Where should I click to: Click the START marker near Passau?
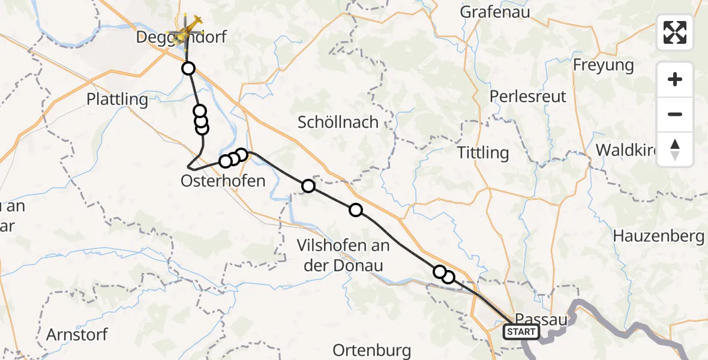pyautogui.click(x=521, y=331)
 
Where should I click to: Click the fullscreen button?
pyautogui.click(x=675, y=32)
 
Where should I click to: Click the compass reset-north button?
pyautogui.click(x=675, y=149)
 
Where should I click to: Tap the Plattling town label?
pyautogui.click(x=117, y=99)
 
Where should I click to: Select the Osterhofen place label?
pyautogui.click(x=223, y=180)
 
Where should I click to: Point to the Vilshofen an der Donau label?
pyautogui.click(x=343, y=255)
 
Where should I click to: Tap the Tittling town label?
pyautogui.click(x=483, y=152)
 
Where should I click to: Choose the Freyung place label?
pyautogui.click(x=603, y=65)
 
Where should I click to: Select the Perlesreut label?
pyautogui.click(x=528, y=96)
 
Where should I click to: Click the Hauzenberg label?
pyautogui.click(x=658, y=236)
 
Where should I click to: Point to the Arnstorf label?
pyautogui.click(x=77, y=334)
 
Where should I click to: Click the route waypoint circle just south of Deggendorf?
pyautogui.click(x=188, y=68)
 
